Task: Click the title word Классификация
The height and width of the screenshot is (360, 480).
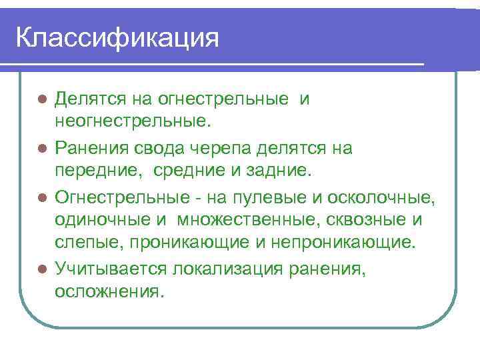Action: [x=117, y=37]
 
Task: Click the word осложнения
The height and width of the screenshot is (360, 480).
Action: [x=109, y=291]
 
